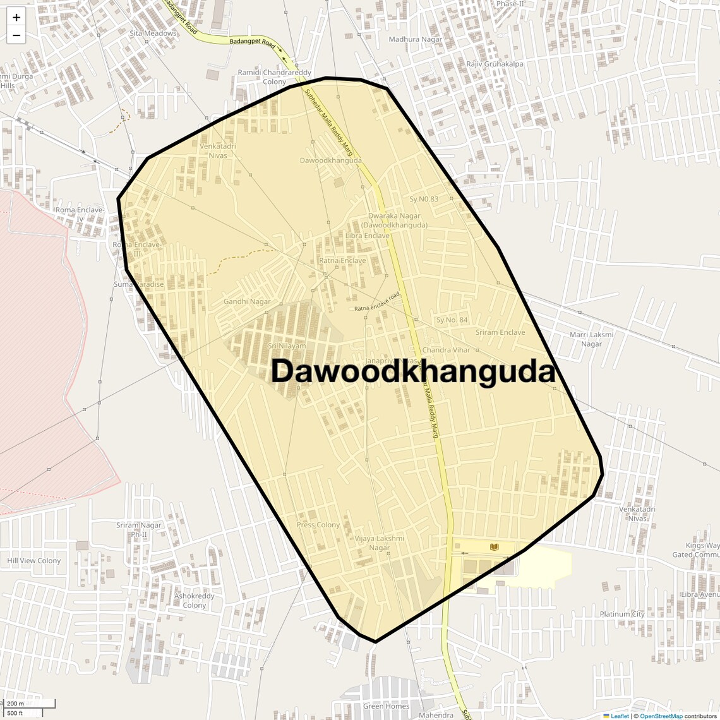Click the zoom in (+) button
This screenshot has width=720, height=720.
point(16,18)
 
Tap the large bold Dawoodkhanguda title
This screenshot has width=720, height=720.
point(413,371)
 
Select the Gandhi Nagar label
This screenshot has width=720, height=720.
point(247,301)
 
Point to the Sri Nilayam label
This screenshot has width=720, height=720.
point(287,346)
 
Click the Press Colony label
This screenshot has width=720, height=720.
point(318,525)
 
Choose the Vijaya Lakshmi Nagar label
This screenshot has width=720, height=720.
point(380,543)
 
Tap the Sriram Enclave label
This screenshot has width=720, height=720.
point(500,332)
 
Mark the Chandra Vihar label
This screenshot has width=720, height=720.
point(446,350)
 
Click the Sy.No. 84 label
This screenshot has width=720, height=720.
point(452,320)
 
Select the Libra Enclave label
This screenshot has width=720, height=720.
point(368,236)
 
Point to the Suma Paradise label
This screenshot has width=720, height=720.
point(138,284)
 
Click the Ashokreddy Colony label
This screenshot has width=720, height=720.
point(195,600)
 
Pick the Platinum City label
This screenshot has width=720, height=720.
point(622,614)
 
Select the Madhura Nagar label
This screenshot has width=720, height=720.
point(416,39)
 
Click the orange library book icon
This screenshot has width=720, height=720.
point(495,546)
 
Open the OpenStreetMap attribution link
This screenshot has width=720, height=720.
point(661,716)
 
